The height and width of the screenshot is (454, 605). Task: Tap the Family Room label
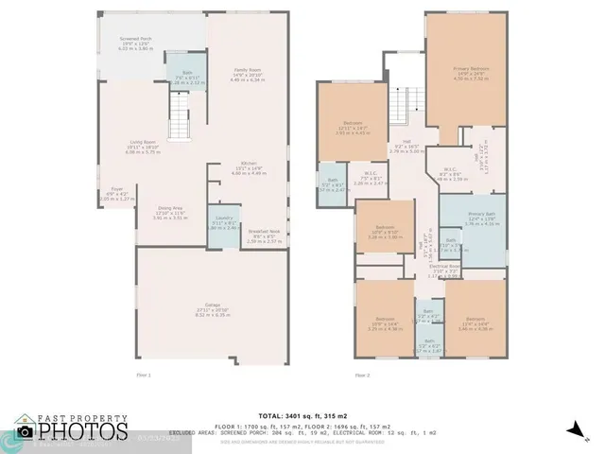pos(248,70)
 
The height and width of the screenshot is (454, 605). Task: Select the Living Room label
pos(144,143)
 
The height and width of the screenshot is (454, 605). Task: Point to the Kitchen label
pos(249,164)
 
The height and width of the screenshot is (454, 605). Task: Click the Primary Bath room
pos(473,221)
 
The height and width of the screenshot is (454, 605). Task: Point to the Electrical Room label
pos(444,266)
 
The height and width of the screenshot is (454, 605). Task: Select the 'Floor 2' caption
pos(363,375)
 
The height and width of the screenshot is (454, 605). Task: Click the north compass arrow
pos(574,427)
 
